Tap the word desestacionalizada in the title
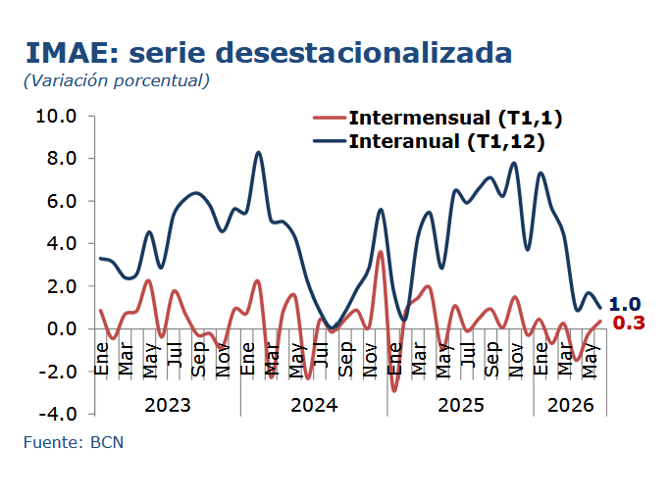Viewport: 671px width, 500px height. (364, 53)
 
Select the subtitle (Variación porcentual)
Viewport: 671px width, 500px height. (117, 80)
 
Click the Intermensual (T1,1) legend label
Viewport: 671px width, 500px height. (455, 118)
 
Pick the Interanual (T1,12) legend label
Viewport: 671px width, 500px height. (446, 141)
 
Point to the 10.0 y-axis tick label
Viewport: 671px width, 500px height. (56, 116)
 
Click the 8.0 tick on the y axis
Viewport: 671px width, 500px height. (62, 158)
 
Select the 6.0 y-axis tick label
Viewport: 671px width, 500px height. (62, 201)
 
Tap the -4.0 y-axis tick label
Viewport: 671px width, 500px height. (58, 414)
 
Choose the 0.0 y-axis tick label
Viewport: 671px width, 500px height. (62, 328)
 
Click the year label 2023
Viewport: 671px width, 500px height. (168, 405)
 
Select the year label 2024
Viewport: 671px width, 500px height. (314, 405)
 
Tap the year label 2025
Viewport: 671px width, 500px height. (461, 405)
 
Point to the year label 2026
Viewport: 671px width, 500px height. (570, 405)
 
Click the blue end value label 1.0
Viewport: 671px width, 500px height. (625, 304)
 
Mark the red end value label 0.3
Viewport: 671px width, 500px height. (629, 323)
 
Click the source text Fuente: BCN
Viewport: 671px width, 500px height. (74, 442)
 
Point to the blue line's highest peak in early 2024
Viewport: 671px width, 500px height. (258, 152)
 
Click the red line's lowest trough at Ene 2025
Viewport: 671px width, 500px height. (394, 390)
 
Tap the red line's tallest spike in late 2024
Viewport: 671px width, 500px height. (380, 252)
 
